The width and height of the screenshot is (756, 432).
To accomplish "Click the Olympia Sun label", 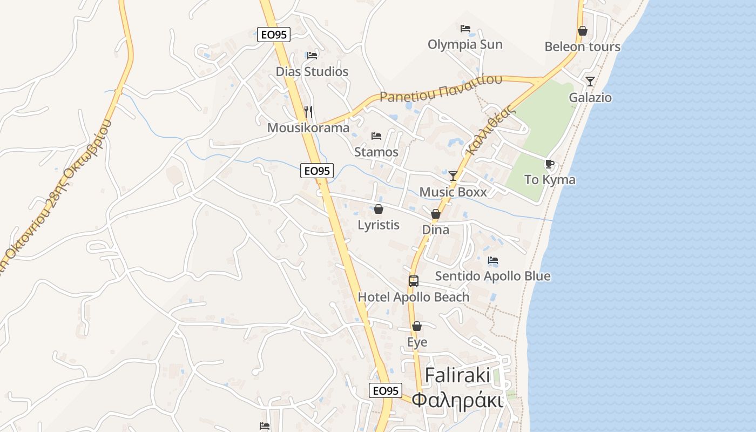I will tap(465, 44).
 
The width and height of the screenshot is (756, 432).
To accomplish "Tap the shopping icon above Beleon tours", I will tap(582, 31).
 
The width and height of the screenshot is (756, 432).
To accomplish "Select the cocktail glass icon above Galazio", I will tap(590, 82).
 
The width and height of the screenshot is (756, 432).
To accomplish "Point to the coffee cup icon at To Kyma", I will tap(550, 164).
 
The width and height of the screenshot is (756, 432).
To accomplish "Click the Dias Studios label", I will tap(312, 71).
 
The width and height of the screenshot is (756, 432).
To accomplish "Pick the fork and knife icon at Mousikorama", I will tap(308, 112).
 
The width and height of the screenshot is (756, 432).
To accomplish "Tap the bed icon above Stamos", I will tap(376, 136).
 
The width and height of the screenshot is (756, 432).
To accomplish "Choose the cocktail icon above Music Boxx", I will tap(453, 175).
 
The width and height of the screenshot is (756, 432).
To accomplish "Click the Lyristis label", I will tap(379, 225).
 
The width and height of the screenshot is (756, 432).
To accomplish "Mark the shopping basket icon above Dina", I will tap(435, 214).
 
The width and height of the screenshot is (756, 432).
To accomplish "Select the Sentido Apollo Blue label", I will tap(492, 276).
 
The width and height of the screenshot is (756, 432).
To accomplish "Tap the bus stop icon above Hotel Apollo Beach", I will tap(414, 281).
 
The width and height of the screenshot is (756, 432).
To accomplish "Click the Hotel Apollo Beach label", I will tap(414, 297).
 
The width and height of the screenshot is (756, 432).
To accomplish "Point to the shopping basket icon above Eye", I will tap(417, 326).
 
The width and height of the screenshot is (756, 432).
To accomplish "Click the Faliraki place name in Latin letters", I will tap(457, 375).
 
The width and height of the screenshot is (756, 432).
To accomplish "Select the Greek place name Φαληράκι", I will tap(457, 400).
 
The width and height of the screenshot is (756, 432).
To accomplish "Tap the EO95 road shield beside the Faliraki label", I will tap(386, 390).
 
